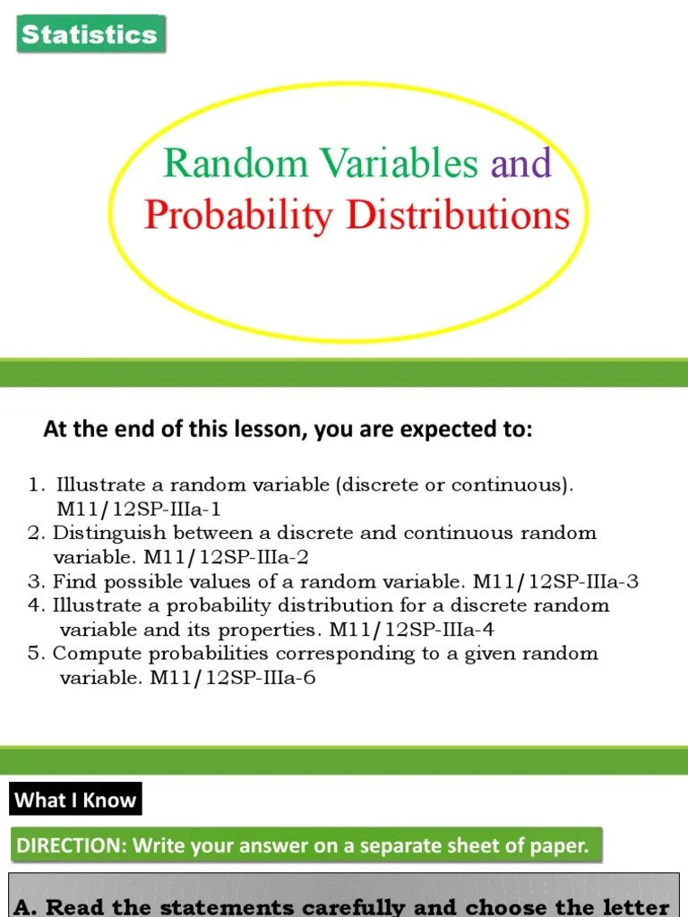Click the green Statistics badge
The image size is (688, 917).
click(x=90, y=35)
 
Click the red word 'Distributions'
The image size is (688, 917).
click(x=458, y=215)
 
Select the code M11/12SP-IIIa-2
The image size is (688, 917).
click(x=230, y=557)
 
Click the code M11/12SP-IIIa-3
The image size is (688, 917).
click(x=556, y=581)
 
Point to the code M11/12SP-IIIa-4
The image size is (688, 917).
click(x=412, y=630)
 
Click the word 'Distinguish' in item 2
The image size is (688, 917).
click(x=103, y=533)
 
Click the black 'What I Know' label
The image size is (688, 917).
click(x=76, y=800)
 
